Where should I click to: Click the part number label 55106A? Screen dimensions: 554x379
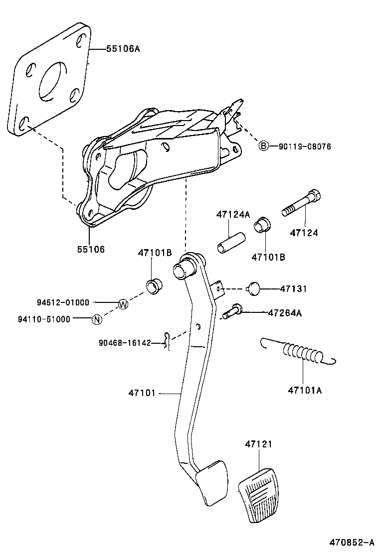click(x=123, y=49)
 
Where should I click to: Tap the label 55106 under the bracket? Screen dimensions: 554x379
click(x=90, y=249)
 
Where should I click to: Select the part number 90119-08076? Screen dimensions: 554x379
click(x=304, y=146)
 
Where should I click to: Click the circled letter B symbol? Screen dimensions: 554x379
click(x=263, y=145)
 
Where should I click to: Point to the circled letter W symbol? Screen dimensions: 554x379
click(x=123, y=304)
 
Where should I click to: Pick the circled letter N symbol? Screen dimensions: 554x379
click(x=97, y=319)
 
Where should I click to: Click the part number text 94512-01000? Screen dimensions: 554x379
click(x=63, y=302)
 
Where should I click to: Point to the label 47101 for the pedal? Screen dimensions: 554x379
click(x=142, y=394)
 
